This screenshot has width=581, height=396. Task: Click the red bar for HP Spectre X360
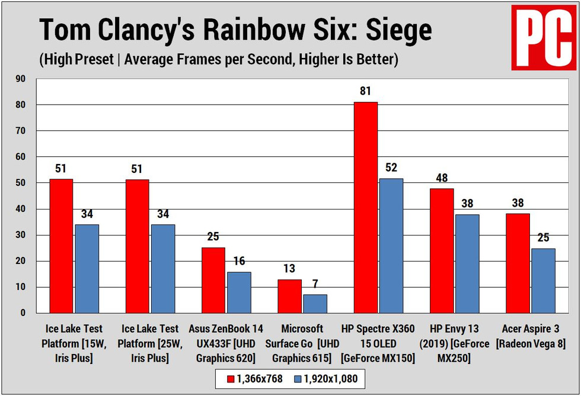coord(365,207)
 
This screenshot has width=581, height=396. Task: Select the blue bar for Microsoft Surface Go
coord(315,304)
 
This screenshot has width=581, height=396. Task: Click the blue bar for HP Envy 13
coord(467,263)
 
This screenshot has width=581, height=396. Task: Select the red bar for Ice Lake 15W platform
coord(61,246)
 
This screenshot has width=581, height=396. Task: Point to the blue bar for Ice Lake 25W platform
coord(162,269)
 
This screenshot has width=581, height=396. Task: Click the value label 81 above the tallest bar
coord(365,92)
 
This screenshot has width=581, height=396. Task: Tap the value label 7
coord(315,284)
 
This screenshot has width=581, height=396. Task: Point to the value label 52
coord(391,168)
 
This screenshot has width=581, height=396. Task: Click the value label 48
coord(442,178)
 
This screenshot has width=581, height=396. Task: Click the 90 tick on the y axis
coord(22,79)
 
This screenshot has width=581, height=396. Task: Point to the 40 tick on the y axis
coord(22,209)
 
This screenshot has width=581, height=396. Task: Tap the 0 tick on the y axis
coord(24,313)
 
